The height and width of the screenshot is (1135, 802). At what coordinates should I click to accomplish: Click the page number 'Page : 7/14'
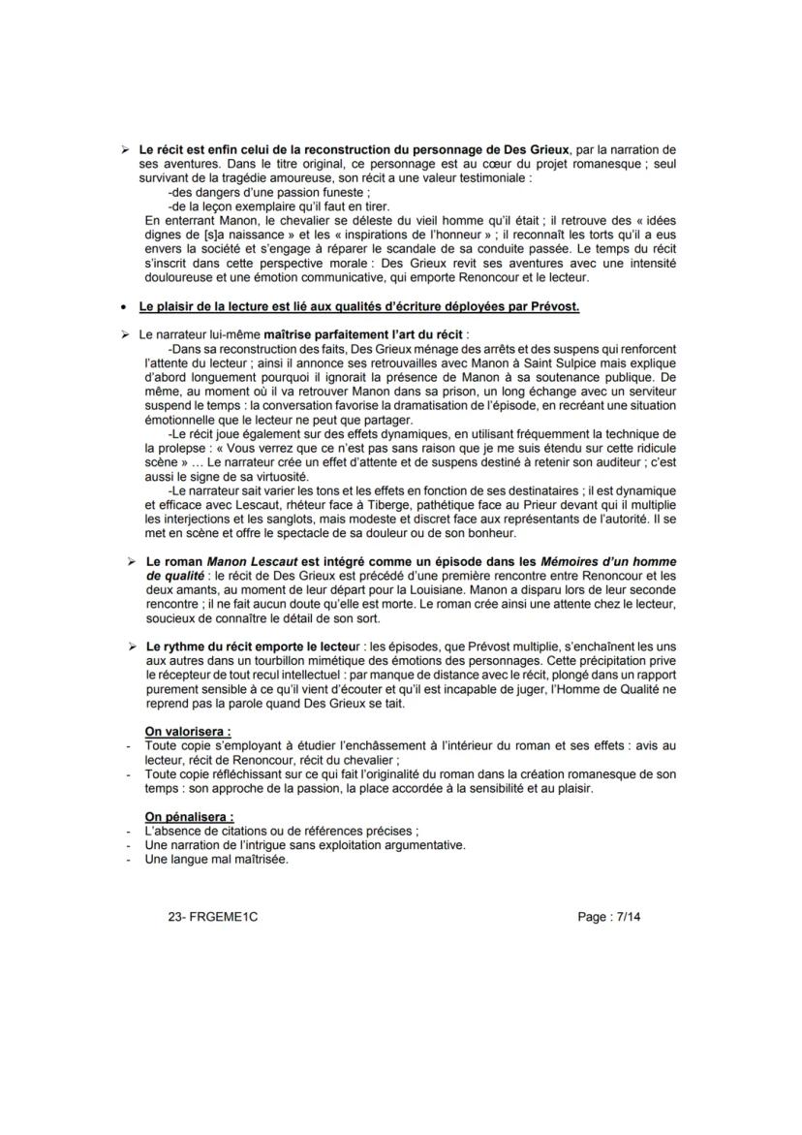click(x=607, y=916)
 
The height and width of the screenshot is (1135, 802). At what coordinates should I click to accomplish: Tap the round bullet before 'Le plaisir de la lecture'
click(x=123, y=306)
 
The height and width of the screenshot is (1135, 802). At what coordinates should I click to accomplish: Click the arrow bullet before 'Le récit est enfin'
click(x=123, y=150)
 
